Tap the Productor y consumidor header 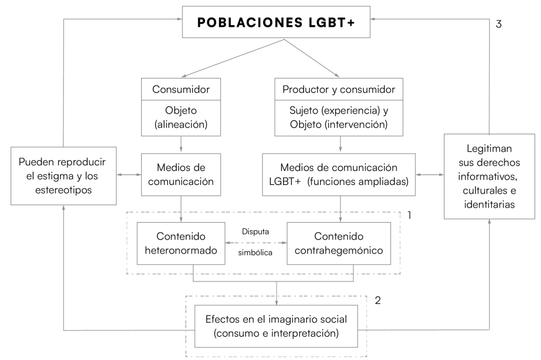click(x=339, y=90)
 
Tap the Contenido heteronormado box click(x=180, y=245)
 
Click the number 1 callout click(x=409, y=215)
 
